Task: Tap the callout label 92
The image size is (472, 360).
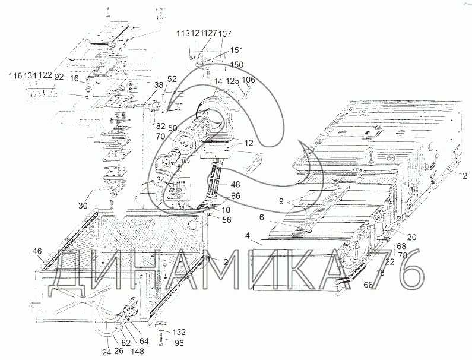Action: pyautogui.click(x=59, y=76)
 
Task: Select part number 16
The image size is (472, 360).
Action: pyautogui.click(x=74, y=78)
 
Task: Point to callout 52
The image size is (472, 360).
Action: pyautogui.click(x=172, y=79)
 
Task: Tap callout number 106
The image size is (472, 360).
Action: pyautogui.click(x=249, y=80)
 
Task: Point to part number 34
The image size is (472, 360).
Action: pyautogui.click(x=162, y=180)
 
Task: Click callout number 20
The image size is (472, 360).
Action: pyautogui.click(x=411, y=237)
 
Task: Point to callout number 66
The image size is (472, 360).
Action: pyautogui.click(x=368, y=285)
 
